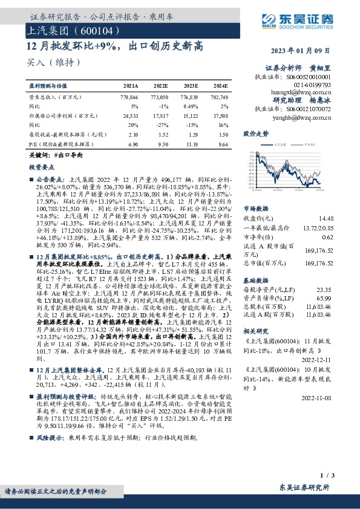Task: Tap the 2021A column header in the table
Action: [130, 87]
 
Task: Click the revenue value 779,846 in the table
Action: [129, 97]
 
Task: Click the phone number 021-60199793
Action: [310, 85]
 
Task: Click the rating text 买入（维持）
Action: [53, 62]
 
